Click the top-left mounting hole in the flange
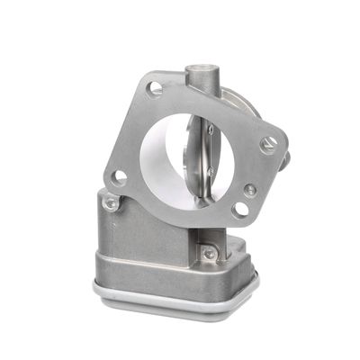click(154, 89)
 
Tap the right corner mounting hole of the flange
click(268, 144)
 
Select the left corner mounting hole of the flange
click(118, 177)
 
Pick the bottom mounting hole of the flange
click(240, 210)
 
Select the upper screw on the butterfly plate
click(211, 131)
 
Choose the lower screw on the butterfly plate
click(211, 171)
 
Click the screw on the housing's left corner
click(111, 203)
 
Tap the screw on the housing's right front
click(209, 254)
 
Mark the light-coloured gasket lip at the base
click(171, 301)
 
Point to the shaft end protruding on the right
click(285, 160)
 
